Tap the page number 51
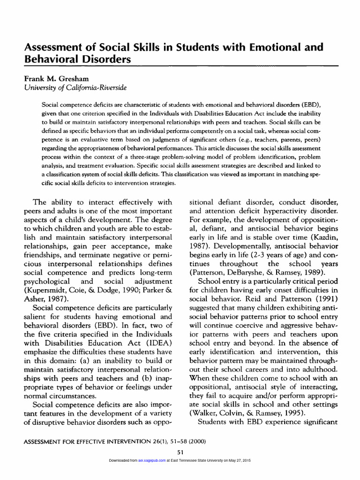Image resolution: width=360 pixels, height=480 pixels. click(180, 452)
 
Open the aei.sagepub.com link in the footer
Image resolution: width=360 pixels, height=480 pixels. click(152, 461)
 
